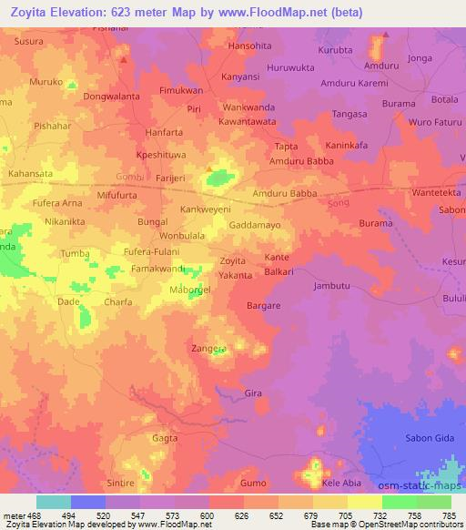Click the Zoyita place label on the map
[x=233, y=260]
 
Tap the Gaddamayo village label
[x=255, y=223]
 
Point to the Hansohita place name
[x=248, y=45]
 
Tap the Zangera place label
[x=208, y=347]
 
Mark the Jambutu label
[x=332, y=286]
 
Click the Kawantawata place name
[x=248, y=121]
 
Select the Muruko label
[x=46, y=82]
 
